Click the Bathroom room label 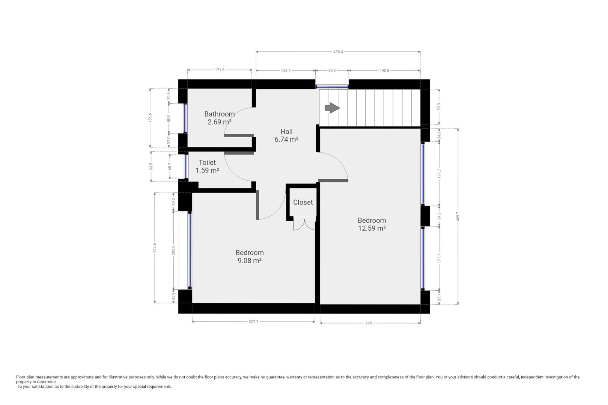coord(219,114)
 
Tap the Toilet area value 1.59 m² coord(207,170)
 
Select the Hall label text coord(286,131)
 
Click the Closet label coord(302,202)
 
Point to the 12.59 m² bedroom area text coord(372,228)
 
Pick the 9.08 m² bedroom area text coord(249,260)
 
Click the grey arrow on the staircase coord(332,108)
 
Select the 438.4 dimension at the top coord(338,52)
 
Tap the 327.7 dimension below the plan coord(253,322)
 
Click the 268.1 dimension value coord(370,323)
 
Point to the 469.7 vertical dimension coord(458,216)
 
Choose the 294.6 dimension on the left coord(155,247)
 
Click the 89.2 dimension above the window coord(332,70)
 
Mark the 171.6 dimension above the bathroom coord(220,70)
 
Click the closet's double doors coord(304,224)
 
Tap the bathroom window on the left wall coord(185,118)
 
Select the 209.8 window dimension coord(173,250)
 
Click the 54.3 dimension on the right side coord(439,216)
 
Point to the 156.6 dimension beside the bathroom coord(150,118)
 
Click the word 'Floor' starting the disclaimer coord(21,377)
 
